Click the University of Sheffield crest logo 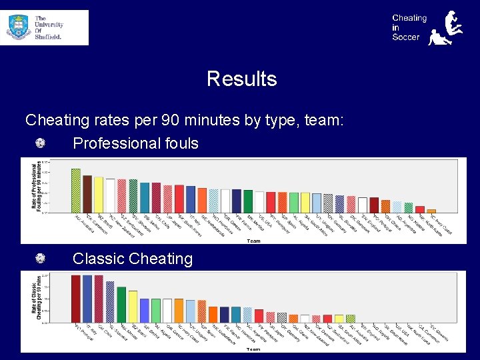(19, 27)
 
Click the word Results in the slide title (241, 79)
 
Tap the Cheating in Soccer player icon (448, 28)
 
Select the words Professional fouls (135, 143)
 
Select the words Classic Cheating (132, 259)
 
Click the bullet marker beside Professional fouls (41, 143)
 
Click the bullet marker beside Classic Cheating (41, 259)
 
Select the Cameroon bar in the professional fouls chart (87, 194)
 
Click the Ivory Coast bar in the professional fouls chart (431, 211)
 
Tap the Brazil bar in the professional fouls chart (98, 195)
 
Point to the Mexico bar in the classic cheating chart (133, 307)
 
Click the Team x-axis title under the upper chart (253, 241)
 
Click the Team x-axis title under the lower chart (253, 349)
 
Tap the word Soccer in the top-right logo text (406, 37)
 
